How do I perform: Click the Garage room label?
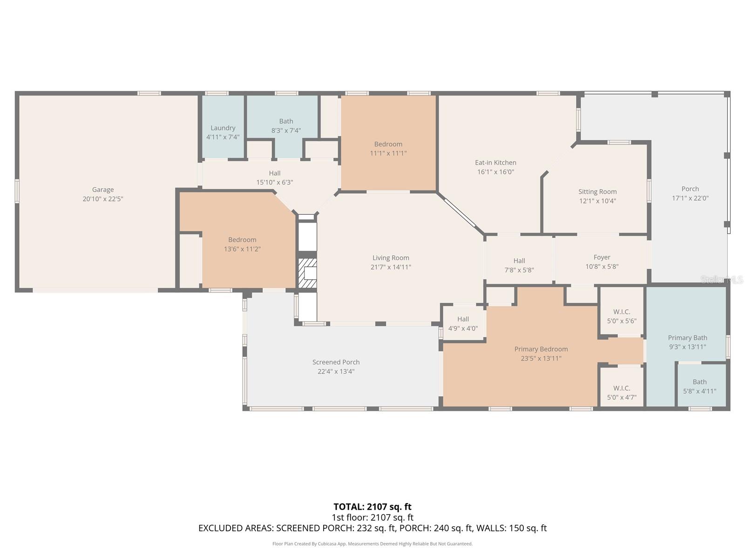coord(102,190)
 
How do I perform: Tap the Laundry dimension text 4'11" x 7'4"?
coord(223,137)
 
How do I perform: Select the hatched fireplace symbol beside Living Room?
coord(307,273)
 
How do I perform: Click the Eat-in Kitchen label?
coord(495,163)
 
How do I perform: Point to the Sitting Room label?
coord(597,191)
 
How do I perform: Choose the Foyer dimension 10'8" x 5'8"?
coord(602,266)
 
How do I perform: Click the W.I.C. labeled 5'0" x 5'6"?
coord(622,316)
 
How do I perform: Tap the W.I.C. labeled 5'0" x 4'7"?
coord(622,393)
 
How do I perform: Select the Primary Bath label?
coord(687,338)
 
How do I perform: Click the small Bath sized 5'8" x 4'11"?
coord(699,386)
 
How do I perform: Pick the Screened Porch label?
coord(336,362)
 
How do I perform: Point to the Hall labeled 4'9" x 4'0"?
coord(463,323)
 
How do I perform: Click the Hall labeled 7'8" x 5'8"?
coord(519,265)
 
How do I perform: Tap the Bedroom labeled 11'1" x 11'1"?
coord(388,149)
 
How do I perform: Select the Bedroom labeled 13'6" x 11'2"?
coord(242,244)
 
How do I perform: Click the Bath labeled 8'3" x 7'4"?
coord(286,126)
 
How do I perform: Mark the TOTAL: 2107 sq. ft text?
coord(372,506)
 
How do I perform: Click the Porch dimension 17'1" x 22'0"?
coord(690,198)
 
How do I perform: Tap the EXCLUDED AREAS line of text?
coord(372,528)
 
